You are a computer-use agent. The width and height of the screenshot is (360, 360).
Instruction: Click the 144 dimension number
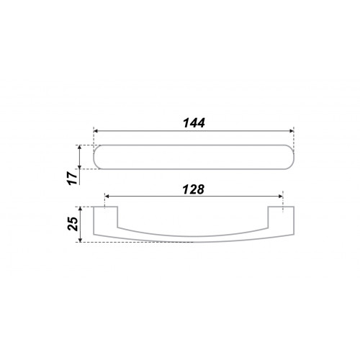tap(194, 123)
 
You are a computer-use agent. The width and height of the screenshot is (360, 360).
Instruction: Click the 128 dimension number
tap(194, 189)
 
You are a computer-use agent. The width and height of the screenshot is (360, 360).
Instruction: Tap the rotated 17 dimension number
tap(73, 178)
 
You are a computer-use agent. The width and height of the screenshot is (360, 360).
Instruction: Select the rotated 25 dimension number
tap(73, 224)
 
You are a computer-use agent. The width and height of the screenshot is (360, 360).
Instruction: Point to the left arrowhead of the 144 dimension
tap(96, 131)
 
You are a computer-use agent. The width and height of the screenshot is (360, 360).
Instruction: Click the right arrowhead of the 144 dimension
tap(292, 131)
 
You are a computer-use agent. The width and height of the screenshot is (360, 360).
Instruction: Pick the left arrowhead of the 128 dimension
tap(107, 197)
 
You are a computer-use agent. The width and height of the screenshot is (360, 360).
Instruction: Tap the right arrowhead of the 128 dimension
tap(281, 197)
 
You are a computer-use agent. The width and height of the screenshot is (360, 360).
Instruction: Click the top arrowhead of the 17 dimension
tap(80, 148)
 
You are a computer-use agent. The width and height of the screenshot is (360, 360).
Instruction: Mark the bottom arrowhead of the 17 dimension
tap(80, 166)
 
